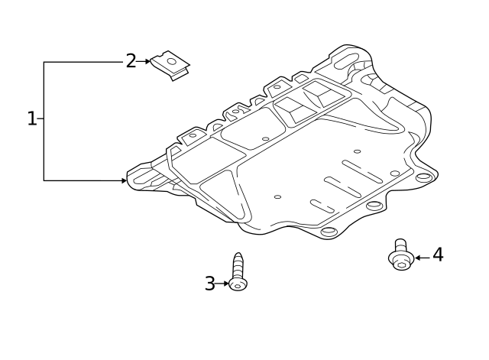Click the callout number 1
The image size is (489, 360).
(x=31, y=119)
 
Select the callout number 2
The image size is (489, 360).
(x=131, y=61)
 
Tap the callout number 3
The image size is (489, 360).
(x=209, y=284)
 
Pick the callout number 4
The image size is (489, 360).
(x=438, y=255)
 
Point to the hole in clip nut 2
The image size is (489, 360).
(x=170, y=60)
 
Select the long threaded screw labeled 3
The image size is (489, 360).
(x=238, y=272)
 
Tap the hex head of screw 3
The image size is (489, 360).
(x=238, y=284)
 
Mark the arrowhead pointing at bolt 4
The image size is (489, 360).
(x=418, y=258)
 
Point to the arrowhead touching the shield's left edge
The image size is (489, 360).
(x=124, y=180)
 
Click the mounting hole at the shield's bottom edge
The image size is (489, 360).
(x=328, y=232)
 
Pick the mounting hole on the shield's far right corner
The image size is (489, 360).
(x=423, y=177)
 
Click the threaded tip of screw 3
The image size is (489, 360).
(x=238, y=257)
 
